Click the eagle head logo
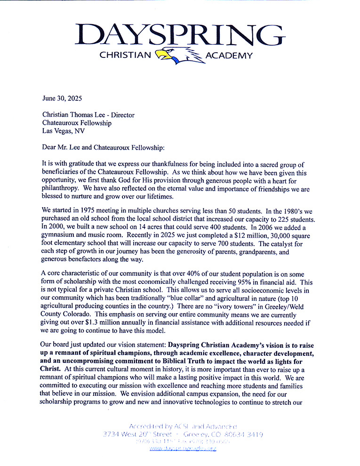coord(178,54)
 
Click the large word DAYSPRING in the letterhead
coord(180,34)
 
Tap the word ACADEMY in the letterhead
coord(229,56)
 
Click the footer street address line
coord(183,434)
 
